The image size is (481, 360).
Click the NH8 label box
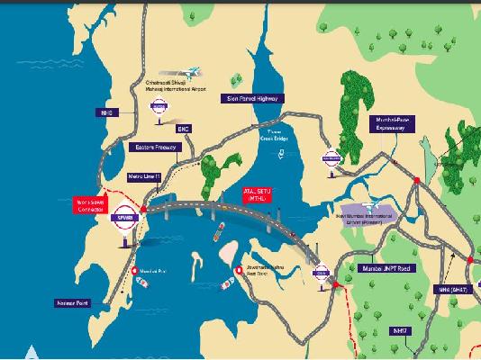point(105,113)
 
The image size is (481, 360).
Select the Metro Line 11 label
point(144,177)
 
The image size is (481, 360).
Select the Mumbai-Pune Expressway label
point(395,125)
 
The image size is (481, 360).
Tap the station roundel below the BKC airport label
point(159,106)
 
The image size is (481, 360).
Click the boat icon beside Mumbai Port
point(141,281)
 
